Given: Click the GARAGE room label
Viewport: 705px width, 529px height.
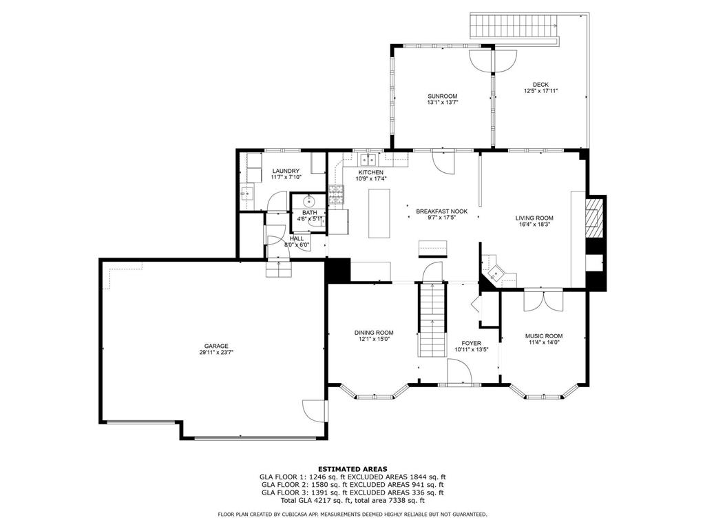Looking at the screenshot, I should click(x=215, y=346).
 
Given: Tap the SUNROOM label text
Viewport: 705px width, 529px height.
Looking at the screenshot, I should click(x=442, y=96).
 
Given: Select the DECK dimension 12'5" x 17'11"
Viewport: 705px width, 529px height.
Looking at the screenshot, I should click(x=540, y=91).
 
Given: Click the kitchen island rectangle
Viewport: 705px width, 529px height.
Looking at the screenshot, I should click(x=379, y=213).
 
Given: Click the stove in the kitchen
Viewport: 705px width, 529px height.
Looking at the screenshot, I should click(x=336, y=196).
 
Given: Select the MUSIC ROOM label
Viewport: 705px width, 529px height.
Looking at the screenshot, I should click(x=544, y=335).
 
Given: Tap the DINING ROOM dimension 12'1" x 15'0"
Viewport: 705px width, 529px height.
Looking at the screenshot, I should click(x=374, y=339).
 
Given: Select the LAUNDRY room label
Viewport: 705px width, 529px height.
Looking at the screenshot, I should click(x=285, y=171).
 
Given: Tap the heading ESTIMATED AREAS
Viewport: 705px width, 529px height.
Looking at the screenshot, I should click(x=352, y=468).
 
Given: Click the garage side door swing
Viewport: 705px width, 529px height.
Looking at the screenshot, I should click(x=315, y=411).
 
